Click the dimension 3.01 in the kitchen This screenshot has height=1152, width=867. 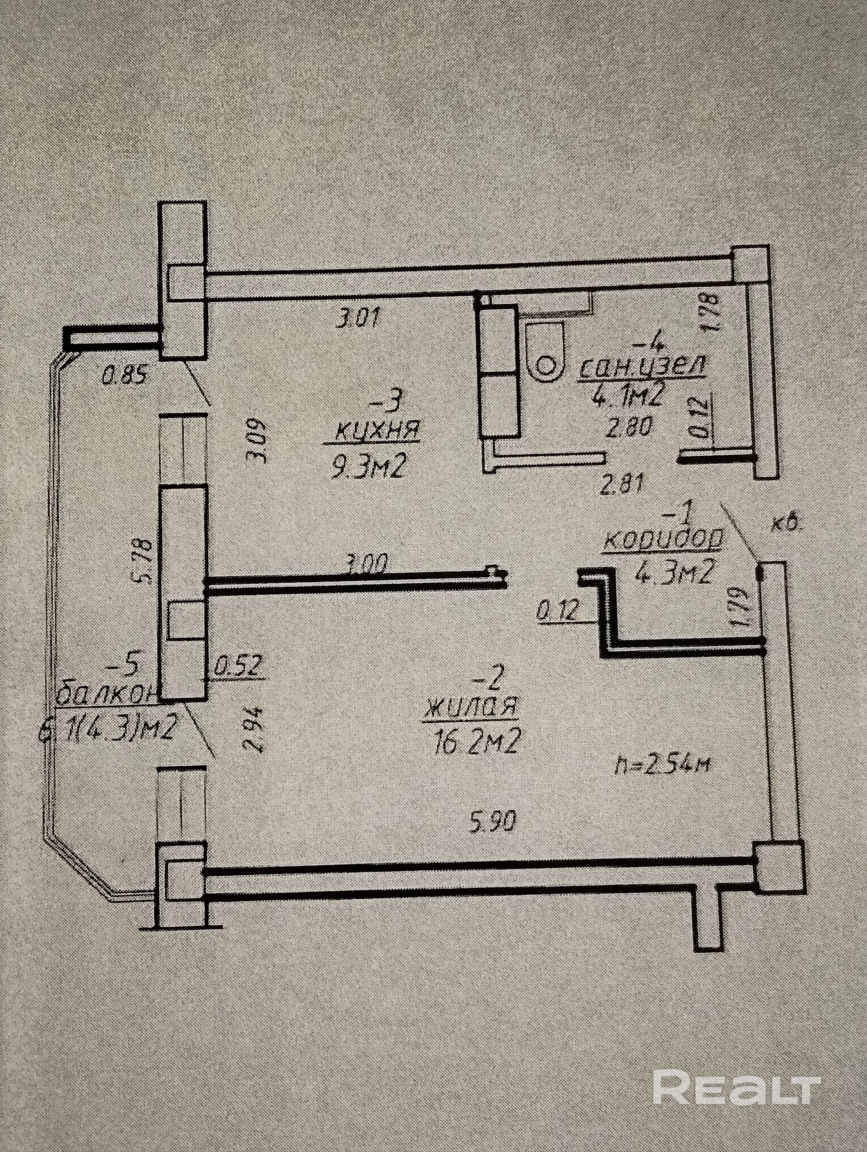click(359, 318)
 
